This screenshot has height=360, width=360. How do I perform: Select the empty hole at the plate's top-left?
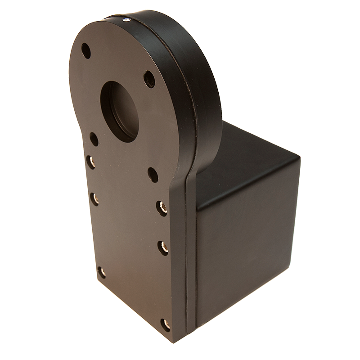(x=86, y=51)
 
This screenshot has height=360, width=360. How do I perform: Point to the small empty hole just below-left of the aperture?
(x=94, y=139)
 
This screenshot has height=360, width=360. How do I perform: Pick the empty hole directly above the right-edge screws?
(x=153, y=175)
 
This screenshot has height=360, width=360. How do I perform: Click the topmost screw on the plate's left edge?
(x=90, y=162)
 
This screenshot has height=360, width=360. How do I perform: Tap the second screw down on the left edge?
(x=94, y=199)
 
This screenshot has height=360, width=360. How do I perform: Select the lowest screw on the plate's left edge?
(x=102, y=272)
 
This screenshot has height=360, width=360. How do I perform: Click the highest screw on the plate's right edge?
(x=162, y=208)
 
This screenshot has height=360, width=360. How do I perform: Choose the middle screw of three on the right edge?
(x=163, y=247)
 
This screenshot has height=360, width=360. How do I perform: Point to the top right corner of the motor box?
(x=299, y=158)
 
